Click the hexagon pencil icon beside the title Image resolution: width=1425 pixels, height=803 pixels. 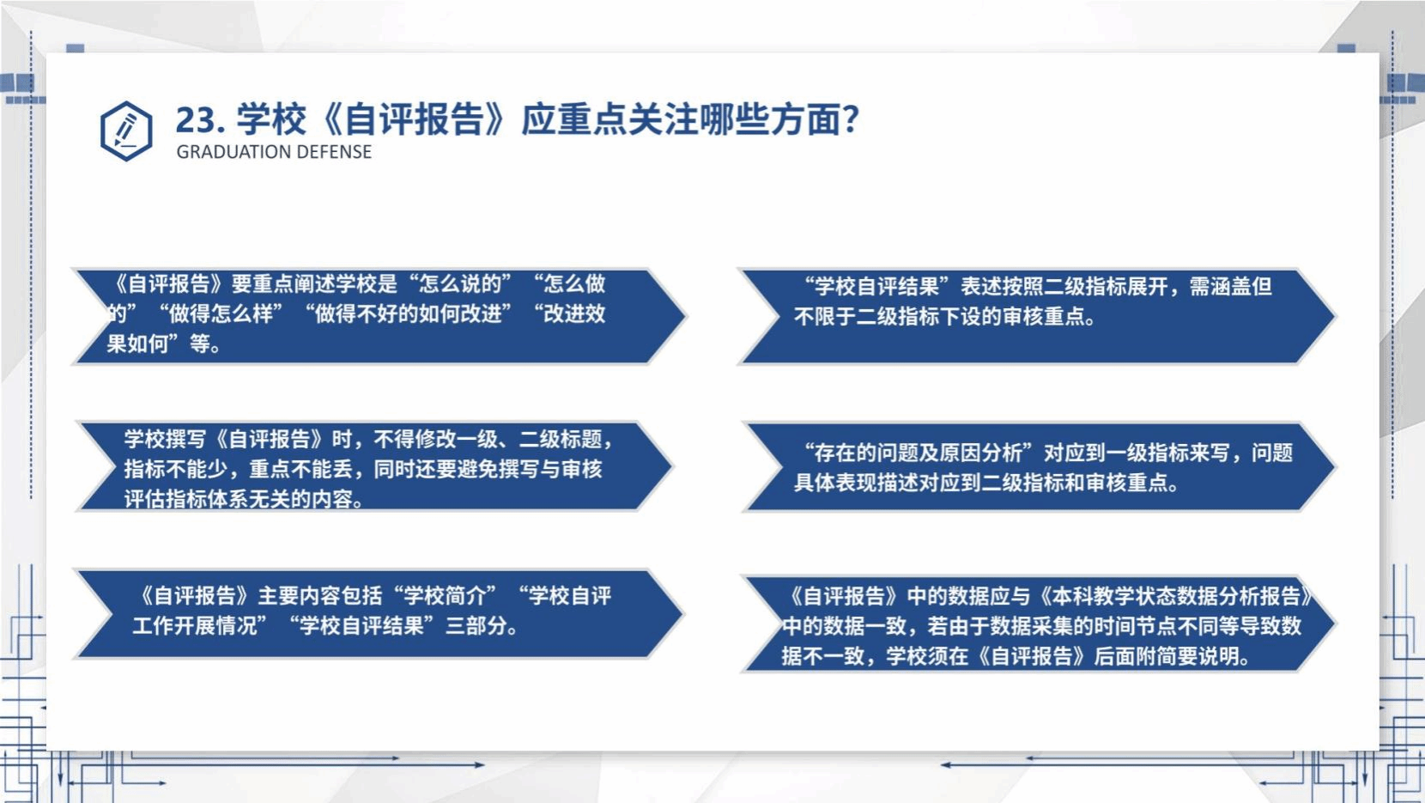[126, 131]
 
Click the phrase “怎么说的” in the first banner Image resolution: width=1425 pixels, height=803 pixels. [464, 283]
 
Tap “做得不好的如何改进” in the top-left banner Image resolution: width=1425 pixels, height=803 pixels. [408, 314]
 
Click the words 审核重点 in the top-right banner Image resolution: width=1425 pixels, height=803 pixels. [1044, 317]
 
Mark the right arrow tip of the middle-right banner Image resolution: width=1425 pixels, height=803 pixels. [1335, 467]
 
